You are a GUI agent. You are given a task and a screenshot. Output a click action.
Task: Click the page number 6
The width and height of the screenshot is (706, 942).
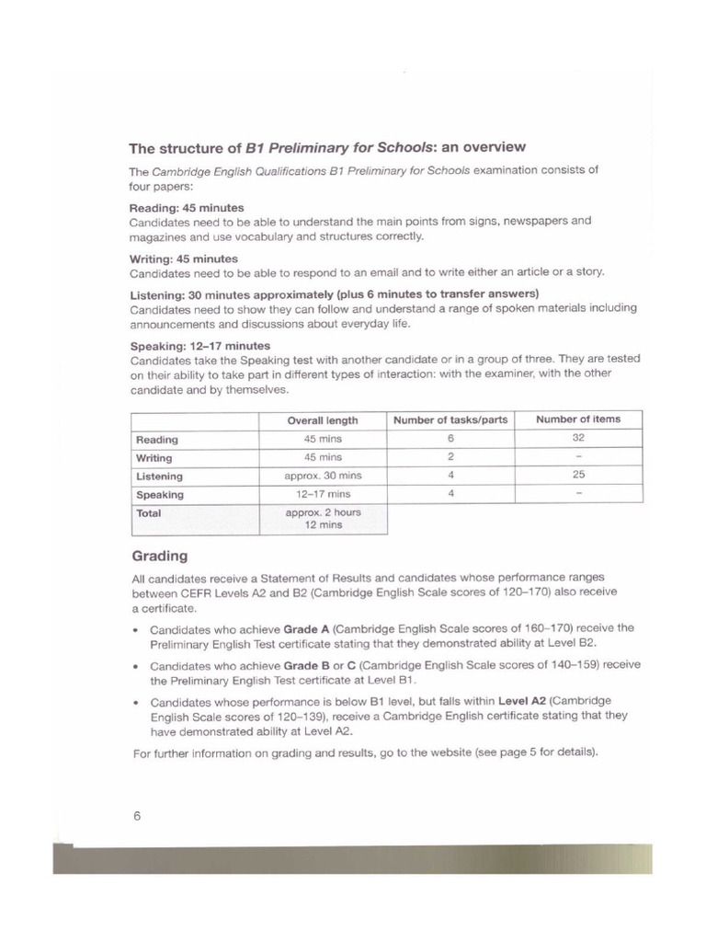click(x=136, y=814)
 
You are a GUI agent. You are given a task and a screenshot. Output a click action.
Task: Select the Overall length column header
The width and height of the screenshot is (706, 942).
click(x=322, y=420)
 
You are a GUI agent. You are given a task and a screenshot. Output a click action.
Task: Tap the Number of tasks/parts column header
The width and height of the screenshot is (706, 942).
click(x=450, y=420)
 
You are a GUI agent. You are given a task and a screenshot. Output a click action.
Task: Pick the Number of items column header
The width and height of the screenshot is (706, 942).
click(x=578, y=419)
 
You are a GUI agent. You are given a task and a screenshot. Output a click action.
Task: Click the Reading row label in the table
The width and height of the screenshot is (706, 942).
click(x=157, y=440)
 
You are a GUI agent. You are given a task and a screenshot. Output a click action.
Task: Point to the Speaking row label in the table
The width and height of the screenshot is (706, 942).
click(x=160, y=495)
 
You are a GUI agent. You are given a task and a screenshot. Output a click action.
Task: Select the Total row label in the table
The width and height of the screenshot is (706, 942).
click(x=149, y=513)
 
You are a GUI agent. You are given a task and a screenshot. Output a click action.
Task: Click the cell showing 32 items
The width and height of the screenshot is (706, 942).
click(x=578, y=439)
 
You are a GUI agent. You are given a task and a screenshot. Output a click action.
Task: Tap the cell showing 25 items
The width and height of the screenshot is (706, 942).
click(x=578, y=476)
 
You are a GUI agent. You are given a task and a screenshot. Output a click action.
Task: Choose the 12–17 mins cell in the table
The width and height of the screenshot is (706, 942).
click(x=323, y=494)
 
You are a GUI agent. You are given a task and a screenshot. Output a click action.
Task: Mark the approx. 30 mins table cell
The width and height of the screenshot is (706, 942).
click(x=323, y=476)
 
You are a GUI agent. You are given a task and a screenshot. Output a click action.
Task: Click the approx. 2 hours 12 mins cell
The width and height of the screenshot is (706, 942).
click(x=323, y=519)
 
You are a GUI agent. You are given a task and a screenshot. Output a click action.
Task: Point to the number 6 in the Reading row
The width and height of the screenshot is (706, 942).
click(x=450, y=439)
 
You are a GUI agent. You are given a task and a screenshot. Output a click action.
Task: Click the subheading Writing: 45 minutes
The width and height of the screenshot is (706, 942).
click(x=184, y=258)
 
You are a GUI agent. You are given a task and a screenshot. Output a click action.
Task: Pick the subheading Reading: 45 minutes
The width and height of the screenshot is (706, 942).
click(x=187, y=208)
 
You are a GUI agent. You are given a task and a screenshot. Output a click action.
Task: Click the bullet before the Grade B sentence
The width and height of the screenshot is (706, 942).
click(x=135, y=665)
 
